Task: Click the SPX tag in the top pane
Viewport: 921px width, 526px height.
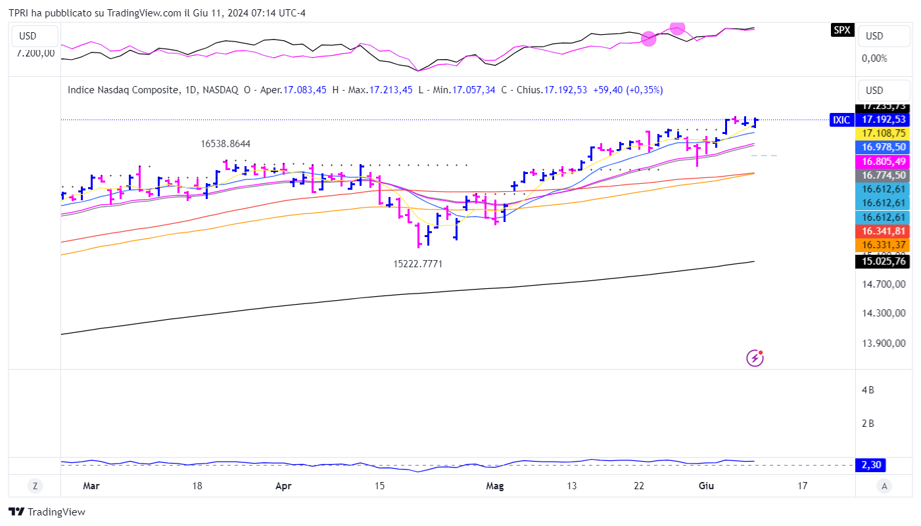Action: click(842, 30)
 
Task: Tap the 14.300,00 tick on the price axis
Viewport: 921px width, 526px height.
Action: click(884, 313)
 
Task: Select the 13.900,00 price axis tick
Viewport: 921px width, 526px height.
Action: click(884, 343)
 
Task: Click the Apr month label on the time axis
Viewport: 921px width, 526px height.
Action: click(283, 486)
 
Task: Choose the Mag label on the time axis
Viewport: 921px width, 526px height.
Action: click(494, 486)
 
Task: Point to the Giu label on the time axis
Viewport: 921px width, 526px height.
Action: click(706, 486)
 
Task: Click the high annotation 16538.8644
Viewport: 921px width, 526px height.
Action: click(225, 143)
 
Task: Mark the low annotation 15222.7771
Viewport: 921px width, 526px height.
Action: click(418, 263)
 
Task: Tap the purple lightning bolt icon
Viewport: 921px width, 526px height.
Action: click(755, 358)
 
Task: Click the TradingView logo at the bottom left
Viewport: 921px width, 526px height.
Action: click(47, 512)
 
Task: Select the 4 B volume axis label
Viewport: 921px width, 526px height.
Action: click(868, 390)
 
